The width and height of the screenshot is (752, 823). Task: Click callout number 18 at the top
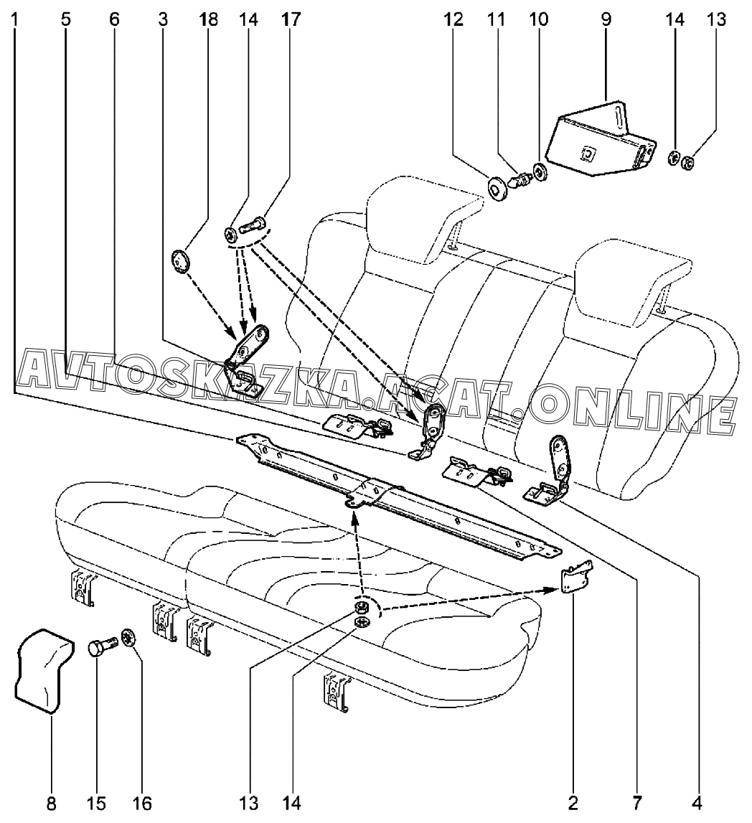coord(209,19)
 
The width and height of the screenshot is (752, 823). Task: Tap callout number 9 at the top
coord(606,19)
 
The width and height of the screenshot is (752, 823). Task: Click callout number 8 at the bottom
coord(51,802)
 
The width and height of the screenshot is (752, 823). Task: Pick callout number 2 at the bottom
coord(572,802)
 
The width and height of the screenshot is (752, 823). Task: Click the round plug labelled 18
coord(182,260)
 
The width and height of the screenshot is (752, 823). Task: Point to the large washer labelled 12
coord(494,188)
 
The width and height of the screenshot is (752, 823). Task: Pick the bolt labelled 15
coord(104,646)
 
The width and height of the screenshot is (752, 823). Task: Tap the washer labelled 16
coord(130,636)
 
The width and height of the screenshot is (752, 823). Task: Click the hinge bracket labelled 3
coord(250,359)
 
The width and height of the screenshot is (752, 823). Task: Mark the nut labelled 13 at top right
coord(685,162)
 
